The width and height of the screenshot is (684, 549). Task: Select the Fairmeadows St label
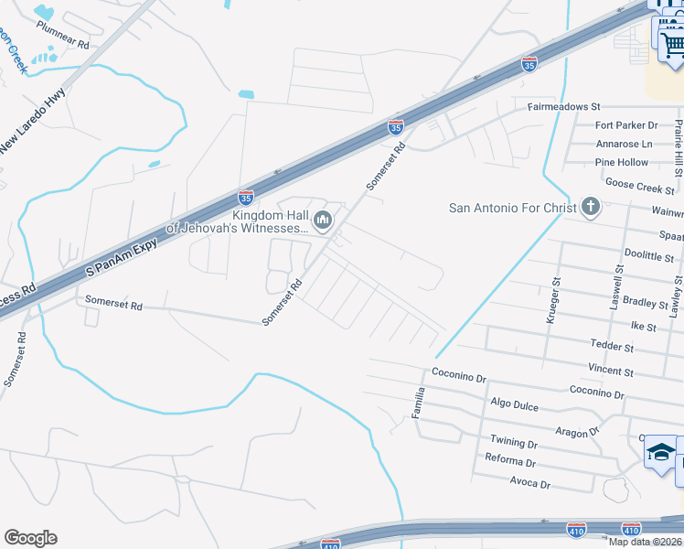562,107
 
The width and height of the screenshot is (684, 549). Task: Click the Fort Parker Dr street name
626,125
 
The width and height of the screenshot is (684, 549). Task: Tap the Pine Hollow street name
621,163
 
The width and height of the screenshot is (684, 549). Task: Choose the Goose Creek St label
640,188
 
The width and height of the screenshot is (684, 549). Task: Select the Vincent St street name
611,371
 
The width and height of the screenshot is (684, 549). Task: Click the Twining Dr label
513,442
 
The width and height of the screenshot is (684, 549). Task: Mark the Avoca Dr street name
530,484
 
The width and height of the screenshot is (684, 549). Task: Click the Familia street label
420,402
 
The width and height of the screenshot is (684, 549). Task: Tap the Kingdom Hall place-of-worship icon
322,221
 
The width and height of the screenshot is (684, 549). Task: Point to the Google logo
30,538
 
